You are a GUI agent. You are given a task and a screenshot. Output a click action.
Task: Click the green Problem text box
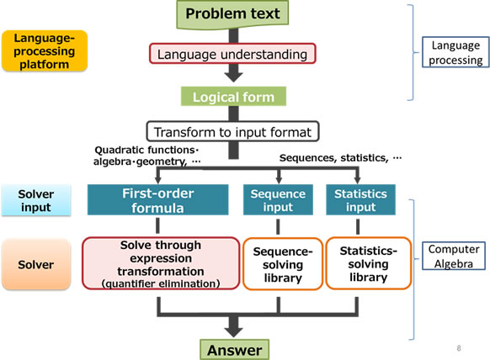(232, 13)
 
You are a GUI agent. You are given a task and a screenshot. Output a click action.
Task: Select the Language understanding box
(232, 55)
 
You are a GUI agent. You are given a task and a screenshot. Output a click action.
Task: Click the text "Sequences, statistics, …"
(340, 157)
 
